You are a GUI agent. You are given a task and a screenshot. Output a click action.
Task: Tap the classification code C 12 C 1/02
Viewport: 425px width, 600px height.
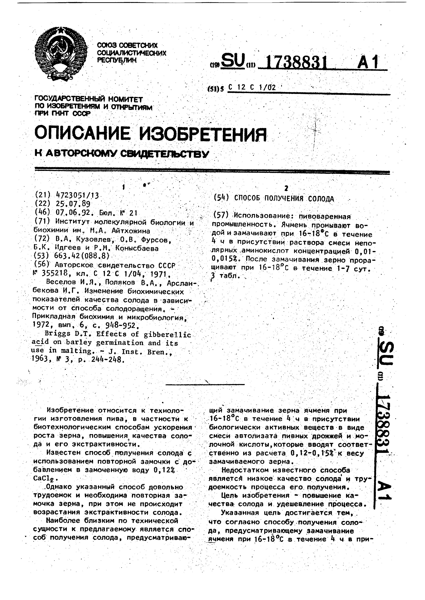[252, 88]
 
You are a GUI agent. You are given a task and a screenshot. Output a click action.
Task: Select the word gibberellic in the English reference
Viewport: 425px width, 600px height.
[167, 334]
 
